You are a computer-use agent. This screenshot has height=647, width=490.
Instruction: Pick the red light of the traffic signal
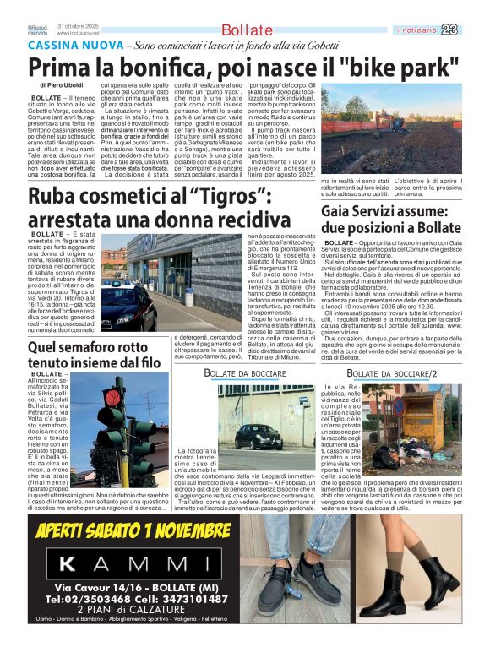click(112, 397)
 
